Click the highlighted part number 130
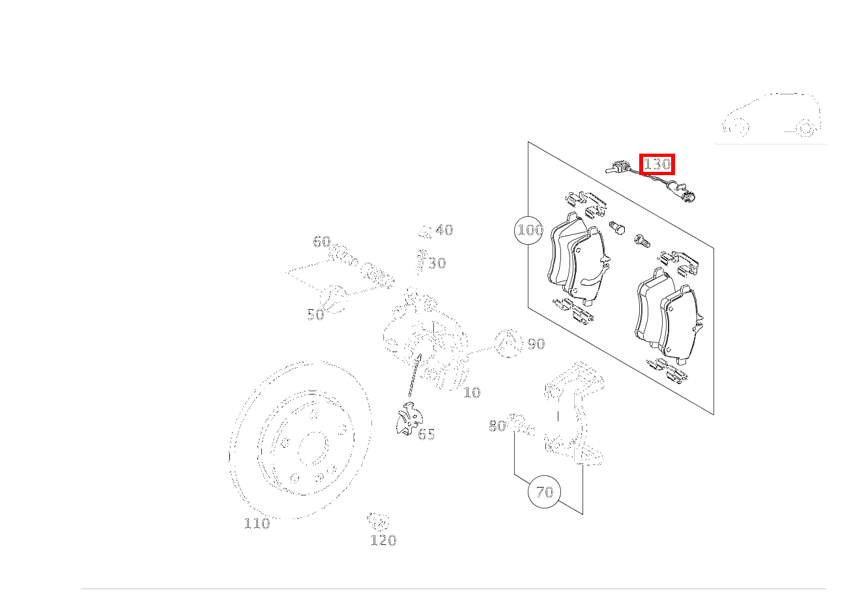tap(657, 164)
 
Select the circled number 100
tap(529, 230)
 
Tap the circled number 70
tap(544, 492)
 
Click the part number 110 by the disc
tap(257, 523)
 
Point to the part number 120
tap(383, 540)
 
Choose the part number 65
tap(426, 434)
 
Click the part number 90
tap(536, 344)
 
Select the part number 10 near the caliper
tap(472, 393)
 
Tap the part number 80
tap(497, 426)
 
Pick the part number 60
tap(321, 242)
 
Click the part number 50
tap(315, 315)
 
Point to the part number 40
tap(444, 230)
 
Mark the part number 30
tap(437, 263)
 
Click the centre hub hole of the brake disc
tap(311, 448)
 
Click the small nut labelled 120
tap(377, 520)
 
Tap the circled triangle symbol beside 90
tap(508, 343)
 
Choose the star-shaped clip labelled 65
tap(408, 419)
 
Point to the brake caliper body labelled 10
tap(427, 345)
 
